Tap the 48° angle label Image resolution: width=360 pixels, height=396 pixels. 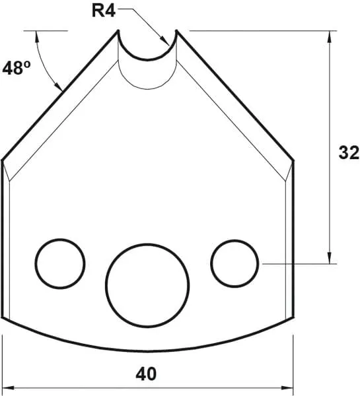click(16, 68)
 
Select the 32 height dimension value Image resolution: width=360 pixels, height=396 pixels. click(348, 153)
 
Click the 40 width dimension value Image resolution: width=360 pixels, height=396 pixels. click(147, 374)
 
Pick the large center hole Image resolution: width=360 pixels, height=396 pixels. click(148, 284)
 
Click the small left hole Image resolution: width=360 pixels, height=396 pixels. click(61, 263)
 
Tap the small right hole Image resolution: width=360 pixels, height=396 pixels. click(234, 263)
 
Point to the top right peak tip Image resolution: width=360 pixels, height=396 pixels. click(176, 30)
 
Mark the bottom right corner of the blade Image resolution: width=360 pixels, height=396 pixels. click(293, 317)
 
